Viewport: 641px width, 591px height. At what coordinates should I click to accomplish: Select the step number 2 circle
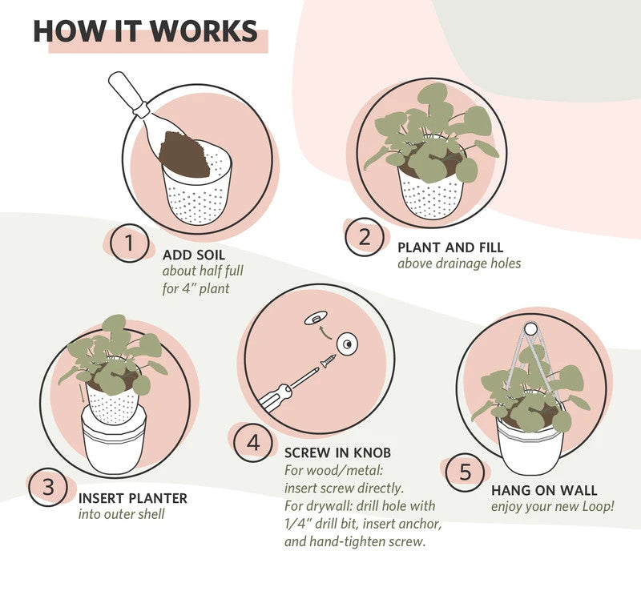pos(365,237)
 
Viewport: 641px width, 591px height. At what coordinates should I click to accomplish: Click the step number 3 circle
pos(48,487)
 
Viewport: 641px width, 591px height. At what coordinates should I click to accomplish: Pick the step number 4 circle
pos(253,443)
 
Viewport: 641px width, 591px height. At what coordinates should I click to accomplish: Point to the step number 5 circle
pos(466,472)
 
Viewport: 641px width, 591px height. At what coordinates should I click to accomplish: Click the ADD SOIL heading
pos(194,255)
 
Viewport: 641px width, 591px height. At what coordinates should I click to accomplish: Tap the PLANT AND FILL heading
pos(450,247)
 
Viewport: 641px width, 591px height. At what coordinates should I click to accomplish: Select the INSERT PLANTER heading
pos(133,498)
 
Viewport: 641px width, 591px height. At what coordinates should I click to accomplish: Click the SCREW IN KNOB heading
pos(337,452)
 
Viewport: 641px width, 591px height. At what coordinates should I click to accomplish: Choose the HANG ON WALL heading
pos(544,490)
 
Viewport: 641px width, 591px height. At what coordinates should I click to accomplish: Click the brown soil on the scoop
pos(184,155)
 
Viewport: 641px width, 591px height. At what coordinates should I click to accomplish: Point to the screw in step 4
pos(329,361)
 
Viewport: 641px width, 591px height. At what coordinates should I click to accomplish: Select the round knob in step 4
pos(347,345)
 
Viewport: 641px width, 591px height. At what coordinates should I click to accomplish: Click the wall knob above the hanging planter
pos(530,329)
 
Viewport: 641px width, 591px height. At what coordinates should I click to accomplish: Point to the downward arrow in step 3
pos(83,392)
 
